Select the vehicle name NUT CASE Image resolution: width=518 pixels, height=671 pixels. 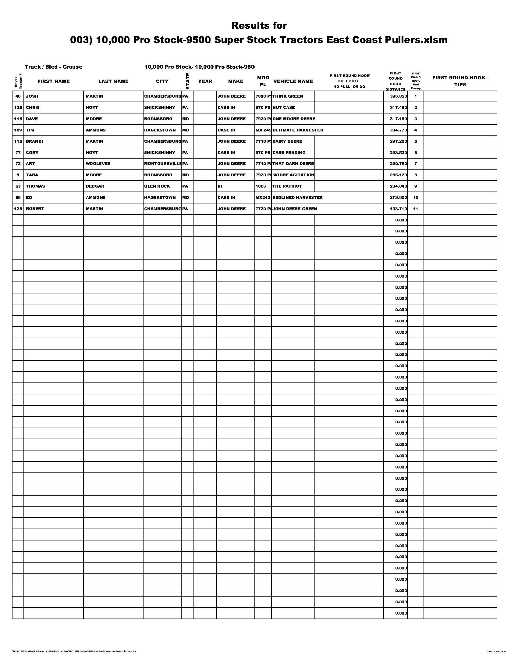click(x=283, y=108)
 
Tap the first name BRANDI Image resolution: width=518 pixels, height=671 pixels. click(x=34, y=141)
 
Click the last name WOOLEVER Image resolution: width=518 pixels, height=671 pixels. click(x=98, y=164)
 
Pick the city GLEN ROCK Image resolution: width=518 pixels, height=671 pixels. click(x=157, y=186)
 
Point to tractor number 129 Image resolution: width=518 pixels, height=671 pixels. click(x=18, y=130)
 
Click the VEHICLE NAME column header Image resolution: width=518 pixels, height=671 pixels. click(x=293, y=81)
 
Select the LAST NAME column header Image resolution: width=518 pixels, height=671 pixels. click(x=113, y=81)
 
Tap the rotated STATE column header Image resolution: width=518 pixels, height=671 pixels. click(x=187, y=81)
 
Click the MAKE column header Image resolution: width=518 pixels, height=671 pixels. click(x=235, y=81)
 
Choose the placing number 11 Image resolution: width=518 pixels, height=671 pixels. click(x=416, y=209)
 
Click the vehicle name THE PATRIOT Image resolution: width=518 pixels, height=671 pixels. click(x=287, y=186)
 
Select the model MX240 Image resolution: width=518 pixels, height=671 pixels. click(x=263, y=198)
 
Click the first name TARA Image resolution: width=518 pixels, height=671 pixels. click(x=32, y=175)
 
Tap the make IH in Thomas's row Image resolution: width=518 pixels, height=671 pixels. click(x=220, y=186)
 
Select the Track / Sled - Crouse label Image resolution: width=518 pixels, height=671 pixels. click(x=53, y=67)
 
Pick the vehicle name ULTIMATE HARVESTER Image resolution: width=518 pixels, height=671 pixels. click(x=298, y=130)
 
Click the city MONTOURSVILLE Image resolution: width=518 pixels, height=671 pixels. click(x=163, y=164)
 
